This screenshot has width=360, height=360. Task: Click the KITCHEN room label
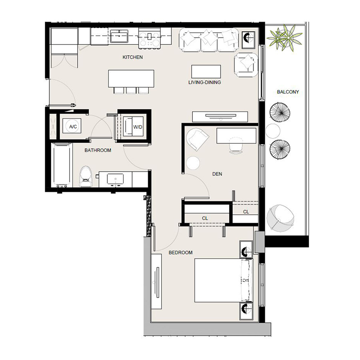coord(132,57)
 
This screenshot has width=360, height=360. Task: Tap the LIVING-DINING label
coord(204,83)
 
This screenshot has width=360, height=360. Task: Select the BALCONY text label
coord(288,92)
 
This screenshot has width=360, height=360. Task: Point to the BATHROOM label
coord(98,150)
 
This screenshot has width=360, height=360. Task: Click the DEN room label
coord(217,174)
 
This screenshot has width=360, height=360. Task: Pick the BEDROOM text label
coord(180,252)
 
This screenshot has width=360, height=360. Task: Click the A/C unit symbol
coord(73,127)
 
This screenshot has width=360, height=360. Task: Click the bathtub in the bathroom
coord(61,165)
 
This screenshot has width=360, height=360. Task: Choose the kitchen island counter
coord(131,78)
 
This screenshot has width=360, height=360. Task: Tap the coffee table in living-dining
coord(206,71)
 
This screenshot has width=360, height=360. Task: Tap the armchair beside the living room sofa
coord(246,64)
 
